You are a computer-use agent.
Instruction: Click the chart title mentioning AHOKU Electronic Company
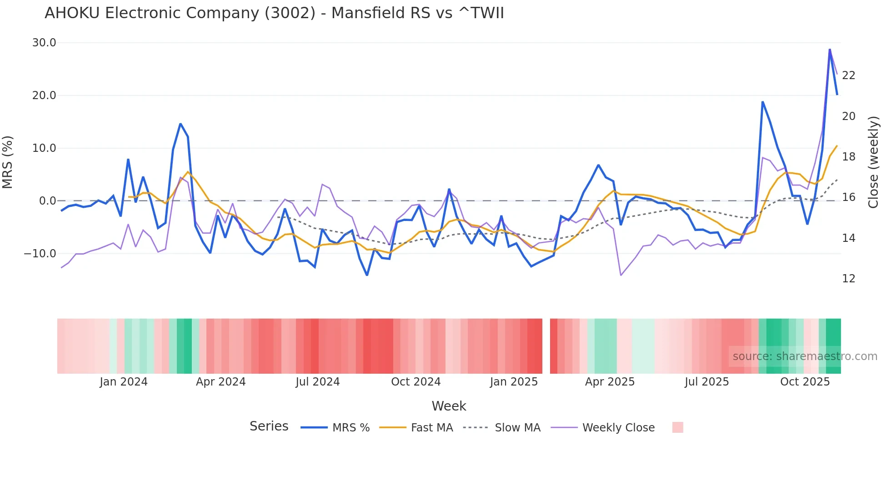(x=274, y=13)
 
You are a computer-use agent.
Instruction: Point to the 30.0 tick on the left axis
(x=44, y=43)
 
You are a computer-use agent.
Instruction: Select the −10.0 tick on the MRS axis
(x=40, y=253)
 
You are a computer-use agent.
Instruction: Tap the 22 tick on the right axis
(x=848, y=75)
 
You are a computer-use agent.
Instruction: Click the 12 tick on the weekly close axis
(x=848, y=279)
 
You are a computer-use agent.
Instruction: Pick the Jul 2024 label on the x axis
(x=317, y=382)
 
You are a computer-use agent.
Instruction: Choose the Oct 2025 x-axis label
(x=805, y=382)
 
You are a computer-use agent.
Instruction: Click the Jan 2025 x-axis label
(x=514, y=382)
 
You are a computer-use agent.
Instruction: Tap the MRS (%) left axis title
(x=8, y=162)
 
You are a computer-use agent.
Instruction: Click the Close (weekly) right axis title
(x=873, y=162)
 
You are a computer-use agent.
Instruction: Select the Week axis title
(x=449, y=406)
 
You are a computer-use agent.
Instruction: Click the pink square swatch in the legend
(x=677, y=427)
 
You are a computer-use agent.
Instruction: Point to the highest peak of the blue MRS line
(x=830, y=50)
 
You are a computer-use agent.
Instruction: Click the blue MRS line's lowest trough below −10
(x=367, y=275)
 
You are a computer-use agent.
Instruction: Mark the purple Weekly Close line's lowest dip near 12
(x=621, y=275)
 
